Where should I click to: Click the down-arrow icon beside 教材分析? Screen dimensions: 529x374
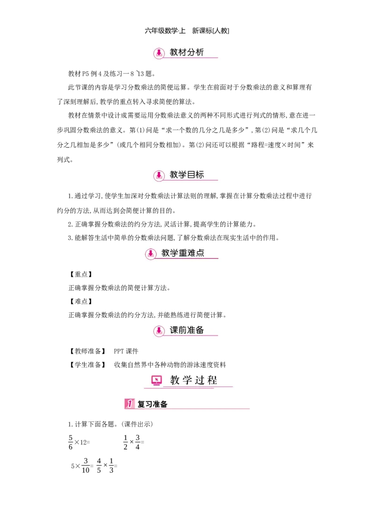[x=159, y=53]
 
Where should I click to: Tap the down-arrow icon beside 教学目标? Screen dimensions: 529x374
[x=159, y=175]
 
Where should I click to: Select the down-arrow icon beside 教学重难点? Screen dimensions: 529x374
[x=151, y=253]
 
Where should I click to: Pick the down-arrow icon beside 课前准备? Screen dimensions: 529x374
[x=159, y=330]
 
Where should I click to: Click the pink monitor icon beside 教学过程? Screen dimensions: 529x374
[x=157, y=380]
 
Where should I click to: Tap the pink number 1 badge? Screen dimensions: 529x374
[x=129, y=404]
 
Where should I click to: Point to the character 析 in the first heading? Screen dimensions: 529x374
[x=200, y=52]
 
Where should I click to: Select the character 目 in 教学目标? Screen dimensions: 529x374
[x=191, y=175]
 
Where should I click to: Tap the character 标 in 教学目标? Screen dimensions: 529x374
[x=200, y=175]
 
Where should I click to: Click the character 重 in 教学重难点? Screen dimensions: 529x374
[x=183, y=253]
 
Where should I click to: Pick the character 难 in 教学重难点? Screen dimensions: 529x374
[x=191, y=253]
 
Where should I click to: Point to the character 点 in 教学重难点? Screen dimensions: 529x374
[x=200, y=253]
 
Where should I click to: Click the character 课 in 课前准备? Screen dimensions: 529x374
[x=174, y=330]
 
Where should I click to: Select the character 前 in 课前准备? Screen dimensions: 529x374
[x=182, y=330]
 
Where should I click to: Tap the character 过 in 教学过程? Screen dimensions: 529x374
[x=199, y=380]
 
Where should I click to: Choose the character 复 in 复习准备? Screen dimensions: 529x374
[x=141, y=404]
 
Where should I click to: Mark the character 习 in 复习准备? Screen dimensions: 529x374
[x=149, y=404]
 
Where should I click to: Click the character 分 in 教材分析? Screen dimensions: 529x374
[x=191, y=52]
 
